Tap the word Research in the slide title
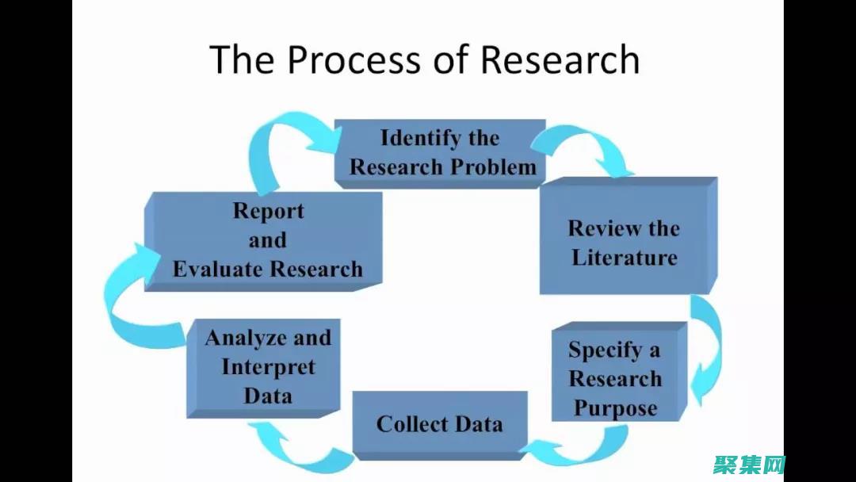pyautogui.click(x=560, y=60)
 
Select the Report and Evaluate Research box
pyautogui.click(x=267, y=240)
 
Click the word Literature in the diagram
pyautogui.click(x=625, y=257)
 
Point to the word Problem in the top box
pyautogui.click(x=502, y=167)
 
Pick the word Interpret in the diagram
pyautogui.click(x=268, y=367)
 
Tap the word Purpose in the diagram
pyautogui.click(x=615, y=408)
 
